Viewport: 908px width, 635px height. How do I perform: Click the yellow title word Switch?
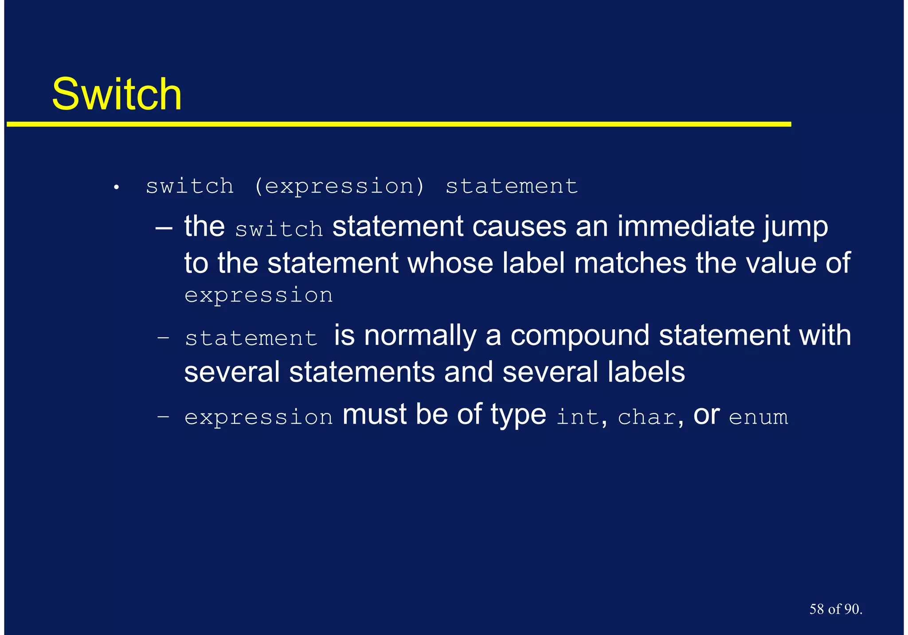tap(117, 94)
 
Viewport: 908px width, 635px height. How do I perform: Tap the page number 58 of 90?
tap(835, 609)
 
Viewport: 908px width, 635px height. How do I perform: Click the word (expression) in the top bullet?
tap(339, 186)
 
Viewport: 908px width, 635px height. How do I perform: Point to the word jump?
tap(795, 227)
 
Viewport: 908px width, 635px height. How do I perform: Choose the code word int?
tap(578, 417)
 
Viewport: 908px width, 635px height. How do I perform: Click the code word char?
tap(647, 417)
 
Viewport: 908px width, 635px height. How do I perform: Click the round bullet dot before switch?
tap(116, 188)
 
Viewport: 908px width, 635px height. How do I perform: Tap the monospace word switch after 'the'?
tap(279, 229)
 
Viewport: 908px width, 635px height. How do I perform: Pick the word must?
tap(375, 415)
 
